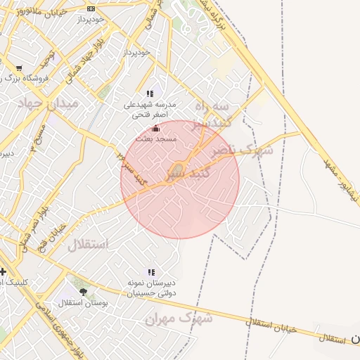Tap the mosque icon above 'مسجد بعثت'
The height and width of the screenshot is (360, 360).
coord(156,129)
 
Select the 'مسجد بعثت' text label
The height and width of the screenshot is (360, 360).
coord(156,139)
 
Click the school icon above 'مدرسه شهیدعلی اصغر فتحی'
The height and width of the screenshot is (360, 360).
coord(150,94)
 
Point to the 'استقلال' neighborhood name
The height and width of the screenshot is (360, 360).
coord(89,245)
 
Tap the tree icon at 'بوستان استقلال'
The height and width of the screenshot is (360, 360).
coord(83,292)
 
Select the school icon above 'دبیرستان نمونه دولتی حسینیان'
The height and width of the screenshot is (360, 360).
coord(151,272)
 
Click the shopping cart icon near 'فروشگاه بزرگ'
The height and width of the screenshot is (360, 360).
coord(19,68)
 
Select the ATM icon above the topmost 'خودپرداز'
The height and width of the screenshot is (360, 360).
coord(91,8)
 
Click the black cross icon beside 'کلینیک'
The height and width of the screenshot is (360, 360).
coord(4,271)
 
